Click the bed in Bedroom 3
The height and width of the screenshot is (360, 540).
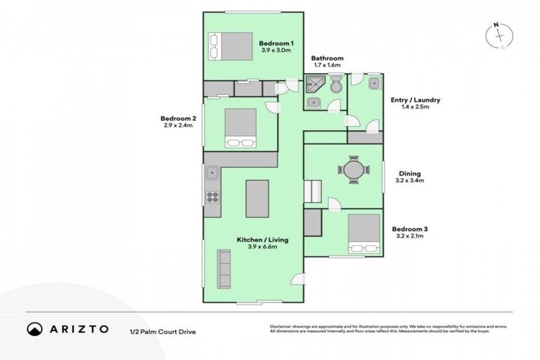(x=364, y=233)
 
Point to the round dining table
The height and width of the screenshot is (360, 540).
(x=352, y=169)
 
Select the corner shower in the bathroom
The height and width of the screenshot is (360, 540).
(x=313, y=84)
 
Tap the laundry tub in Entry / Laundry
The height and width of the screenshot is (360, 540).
(x=374, y=83)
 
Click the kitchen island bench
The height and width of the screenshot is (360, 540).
(x=257, y=198)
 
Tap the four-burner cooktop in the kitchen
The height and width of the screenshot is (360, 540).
(x=212, y=195)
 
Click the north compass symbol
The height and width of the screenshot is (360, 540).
(x=498, y=35)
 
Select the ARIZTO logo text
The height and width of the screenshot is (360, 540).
(x=78, y=328)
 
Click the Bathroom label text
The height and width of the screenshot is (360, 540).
(x=327, y=58)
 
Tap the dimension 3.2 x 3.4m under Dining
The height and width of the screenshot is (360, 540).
(x=411, y=181)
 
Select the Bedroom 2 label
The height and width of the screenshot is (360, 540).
(x=178, y=118)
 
